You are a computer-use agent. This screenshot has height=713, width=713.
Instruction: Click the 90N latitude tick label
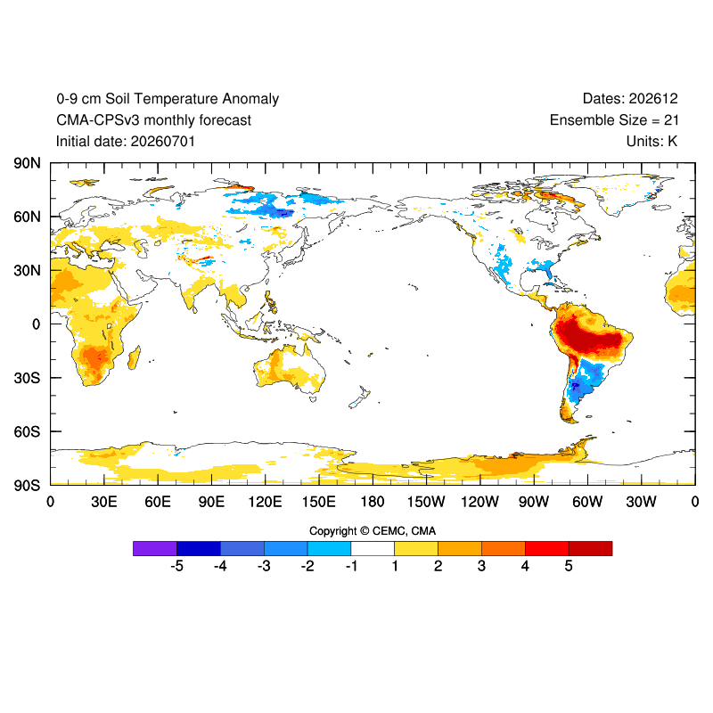pyautogui.click(x=27, y=163)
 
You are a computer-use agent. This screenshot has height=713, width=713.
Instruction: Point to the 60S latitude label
pyautogui.click(x=27, y=431)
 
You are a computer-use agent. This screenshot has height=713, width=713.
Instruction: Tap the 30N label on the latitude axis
pyautogui.click(x=27, y=271)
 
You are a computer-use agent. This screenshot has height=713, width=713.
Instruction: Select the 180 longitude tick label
pyautogui.click(x=373, y=502)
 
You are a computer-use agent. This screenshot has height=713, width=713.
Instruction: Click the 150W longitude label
pyautogui.click(x=426, y=502)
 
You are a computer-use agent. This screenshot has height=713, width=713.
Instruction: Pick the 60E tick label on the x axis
pyautogui.click(x=158, y=502)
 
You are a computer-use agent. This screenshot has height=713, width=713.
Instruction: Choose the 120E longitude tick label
pyautogui.click(x=265, y=502)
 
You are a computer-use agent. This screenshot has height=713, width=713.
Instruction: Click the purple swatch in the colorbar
pyautogui.click(x=155, y=548)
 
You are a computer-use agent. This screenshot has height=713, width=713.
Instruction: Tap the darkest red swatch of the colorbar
pyautogui.click(x=590, y=548)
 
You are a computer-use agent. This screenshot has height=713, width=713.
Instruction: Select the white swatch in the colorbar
pyautogui.click(x=373, y=548)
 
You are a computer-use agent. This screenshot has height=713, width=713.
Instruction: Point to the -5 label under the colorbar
pyautogui.click(x=176, y=566)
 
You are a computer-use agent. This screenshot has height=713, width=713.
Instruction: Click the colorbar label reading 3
pyautogui.click(x=481, y=566)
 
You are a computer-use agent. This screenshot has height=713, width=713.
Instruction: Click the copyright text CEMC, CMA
pyautogui.click(x=405, y=531)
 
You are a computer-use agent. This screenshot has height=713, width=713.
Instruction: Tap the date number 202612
pyautogui.click(x=653, y=99)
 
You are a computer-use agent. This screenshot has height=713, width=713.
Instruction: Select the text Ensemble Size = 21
pyautogui.click(x=614, y=120)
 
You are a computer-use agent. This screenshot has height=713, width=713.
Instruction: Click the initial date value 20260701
pyautogui.click(x=163, y=142)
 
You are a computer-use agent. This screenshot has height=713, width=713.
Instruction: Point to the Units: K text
pyautogui.click(x=652, y=142)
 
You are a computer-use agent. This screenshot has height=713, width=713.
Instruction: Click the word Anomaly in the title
pyautogui.click(x=250, y=99)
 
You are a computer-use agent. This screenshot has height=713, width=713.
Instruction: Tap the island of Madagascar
pyautogui.click(x=134, y=357)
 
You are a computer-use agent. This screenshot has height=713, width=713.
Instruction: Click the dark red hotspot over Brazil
pyautogui.click(x=589, y=337)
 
